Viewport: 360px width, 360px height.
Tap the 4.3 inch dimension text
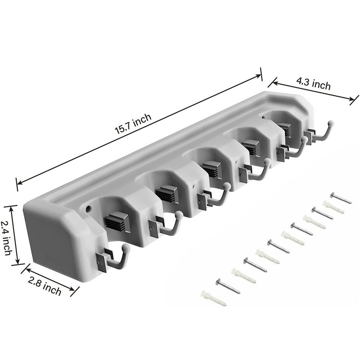(x=313, y=85)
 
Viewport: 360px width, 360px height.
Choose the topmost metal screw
(x=341, y=198)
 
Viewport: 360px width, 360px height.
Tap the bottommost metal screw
(x=228, y=286)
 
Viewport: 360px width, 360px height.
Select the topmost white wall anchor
(x=333, y=207)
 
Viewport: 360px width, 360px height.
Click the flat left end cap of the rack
(x=50, y=241)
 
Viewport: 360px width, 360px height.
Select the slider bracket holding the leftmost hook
(x=102, y=262)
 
